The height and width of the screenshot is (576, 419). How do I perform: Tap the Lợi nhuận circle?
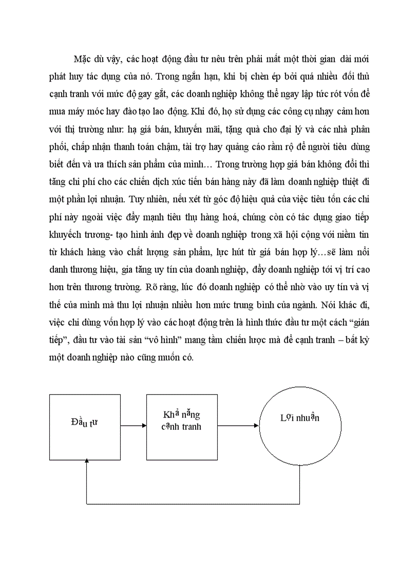(300, 425)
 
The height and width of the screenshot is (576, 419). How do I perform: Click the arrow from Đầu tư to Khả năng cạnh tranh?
(134, 425)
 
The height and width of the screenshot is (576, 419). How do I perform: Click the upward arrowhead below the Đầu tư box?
(87, 464)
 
